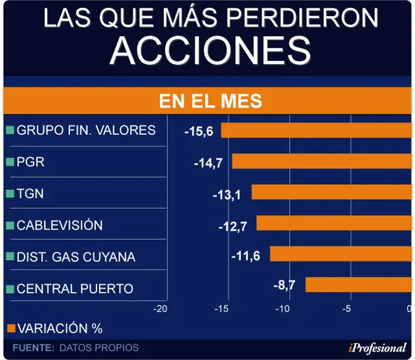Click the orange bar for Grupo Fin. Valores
point(316,130)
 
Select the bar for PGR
point(322,162)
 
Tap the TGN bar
point(331,192)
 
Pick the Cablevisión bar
point(334,223)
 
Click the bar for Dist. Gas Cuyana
point(341,254)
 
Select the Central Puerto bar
point(359,285)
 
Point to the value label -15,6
point(199,132)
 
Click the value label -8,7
point(284,285)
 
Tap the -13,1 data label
point(227,195)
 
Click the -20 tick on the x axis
point(160,309)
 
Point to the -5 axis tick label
point(346,309)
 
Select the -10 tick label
point(283,309)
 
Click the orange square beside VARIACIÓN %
point(11,328)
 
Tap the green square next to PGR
point(10,162)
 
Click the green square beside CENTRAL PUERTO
point(10,289)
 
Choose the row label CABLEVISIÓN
point(60,225)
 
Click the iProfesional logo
point(377,348)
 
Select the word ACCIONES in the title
point(210,51)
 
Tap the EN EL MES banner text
point(211,101)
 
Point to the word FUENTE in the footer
point(33,348)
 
